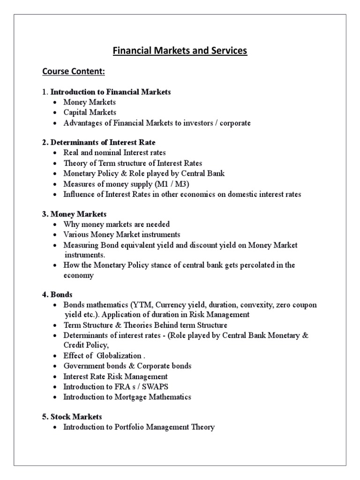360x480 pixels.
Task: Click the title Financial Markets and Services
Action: (x=180, y=51)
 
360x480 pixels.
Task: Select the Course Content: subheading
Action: (x=74, y=72)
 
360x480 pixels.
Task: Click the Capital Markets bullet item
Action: (x=90, y=112)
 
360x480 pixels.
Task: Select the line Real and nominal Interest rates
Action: (x=114, y=152)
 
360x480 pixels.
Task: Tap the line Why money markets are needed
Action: (x=116, y=224)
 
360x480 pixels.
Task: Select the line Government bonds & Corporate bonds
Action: (x=127, y=366)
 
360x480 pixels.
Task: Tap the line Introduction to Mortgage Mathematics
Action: (x=127, y=397)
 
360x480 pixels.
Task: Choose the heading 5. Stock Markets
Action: (x=72, y=417)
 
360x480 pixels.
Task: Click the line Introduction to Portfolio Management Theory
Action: (x=139, y=427)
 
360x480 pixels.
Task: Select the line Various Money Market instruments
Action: (x=122, y=234)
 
